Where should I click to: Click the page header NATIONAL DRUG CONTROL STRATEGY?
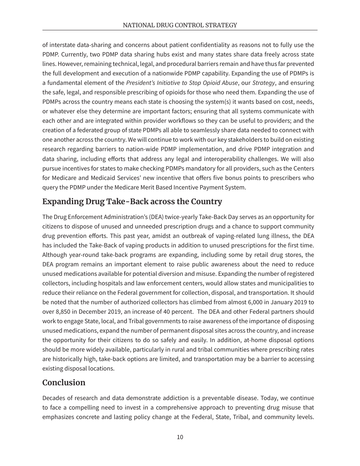(180, 25)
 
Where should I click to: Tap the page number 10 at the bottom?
(180, 437)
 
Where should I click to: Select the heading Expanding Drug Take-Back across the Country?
(132, 202)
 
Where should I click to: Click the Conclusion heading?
(64, 382)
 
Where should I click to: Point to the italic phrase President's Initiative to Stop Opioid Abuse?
(182, 83)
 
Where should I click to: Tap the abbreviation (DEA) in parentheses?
(155, 217)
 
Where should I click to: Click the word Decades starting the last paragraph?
(54, 398)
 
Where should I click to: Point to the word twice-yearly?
(180, 217)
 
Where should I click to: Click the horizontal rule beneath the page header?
(180, 30)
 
